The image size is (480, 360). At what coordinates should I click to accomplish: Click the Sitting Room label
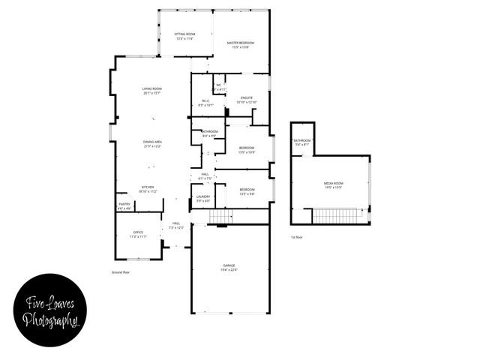pyautogui.click(x=184, y=36)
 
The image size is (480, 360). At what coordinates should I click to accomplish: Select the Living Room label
pyautogui.click(x=152, y=91)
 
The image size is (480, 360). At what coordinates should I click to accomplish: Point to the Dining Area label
pyautogui.click(x=153, y=144)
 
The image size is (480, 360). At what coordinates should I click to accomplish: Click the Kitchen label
pyautogui.click(x=148, y=189)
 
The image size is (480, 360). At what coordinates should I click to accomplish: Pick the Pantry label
pyautogui.click(x=124, y=205)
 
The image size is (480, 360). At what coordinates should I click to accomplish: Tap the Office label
pyautogui.click(x=138, y=234)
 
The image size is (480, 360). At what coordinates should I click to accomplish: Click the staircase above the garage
pyautogui.click(x=221, y=217)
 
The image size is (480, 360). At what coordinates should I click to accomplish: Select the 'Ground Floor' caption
pyautogui.click(x=121, y=272)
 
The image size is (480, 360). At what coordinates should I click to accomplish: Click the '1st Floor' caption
pyautogui.click(x=297, y=238)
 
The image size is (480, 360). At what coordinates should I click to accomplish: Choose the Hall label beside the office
pyautogui.click(x=176, y=225)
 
